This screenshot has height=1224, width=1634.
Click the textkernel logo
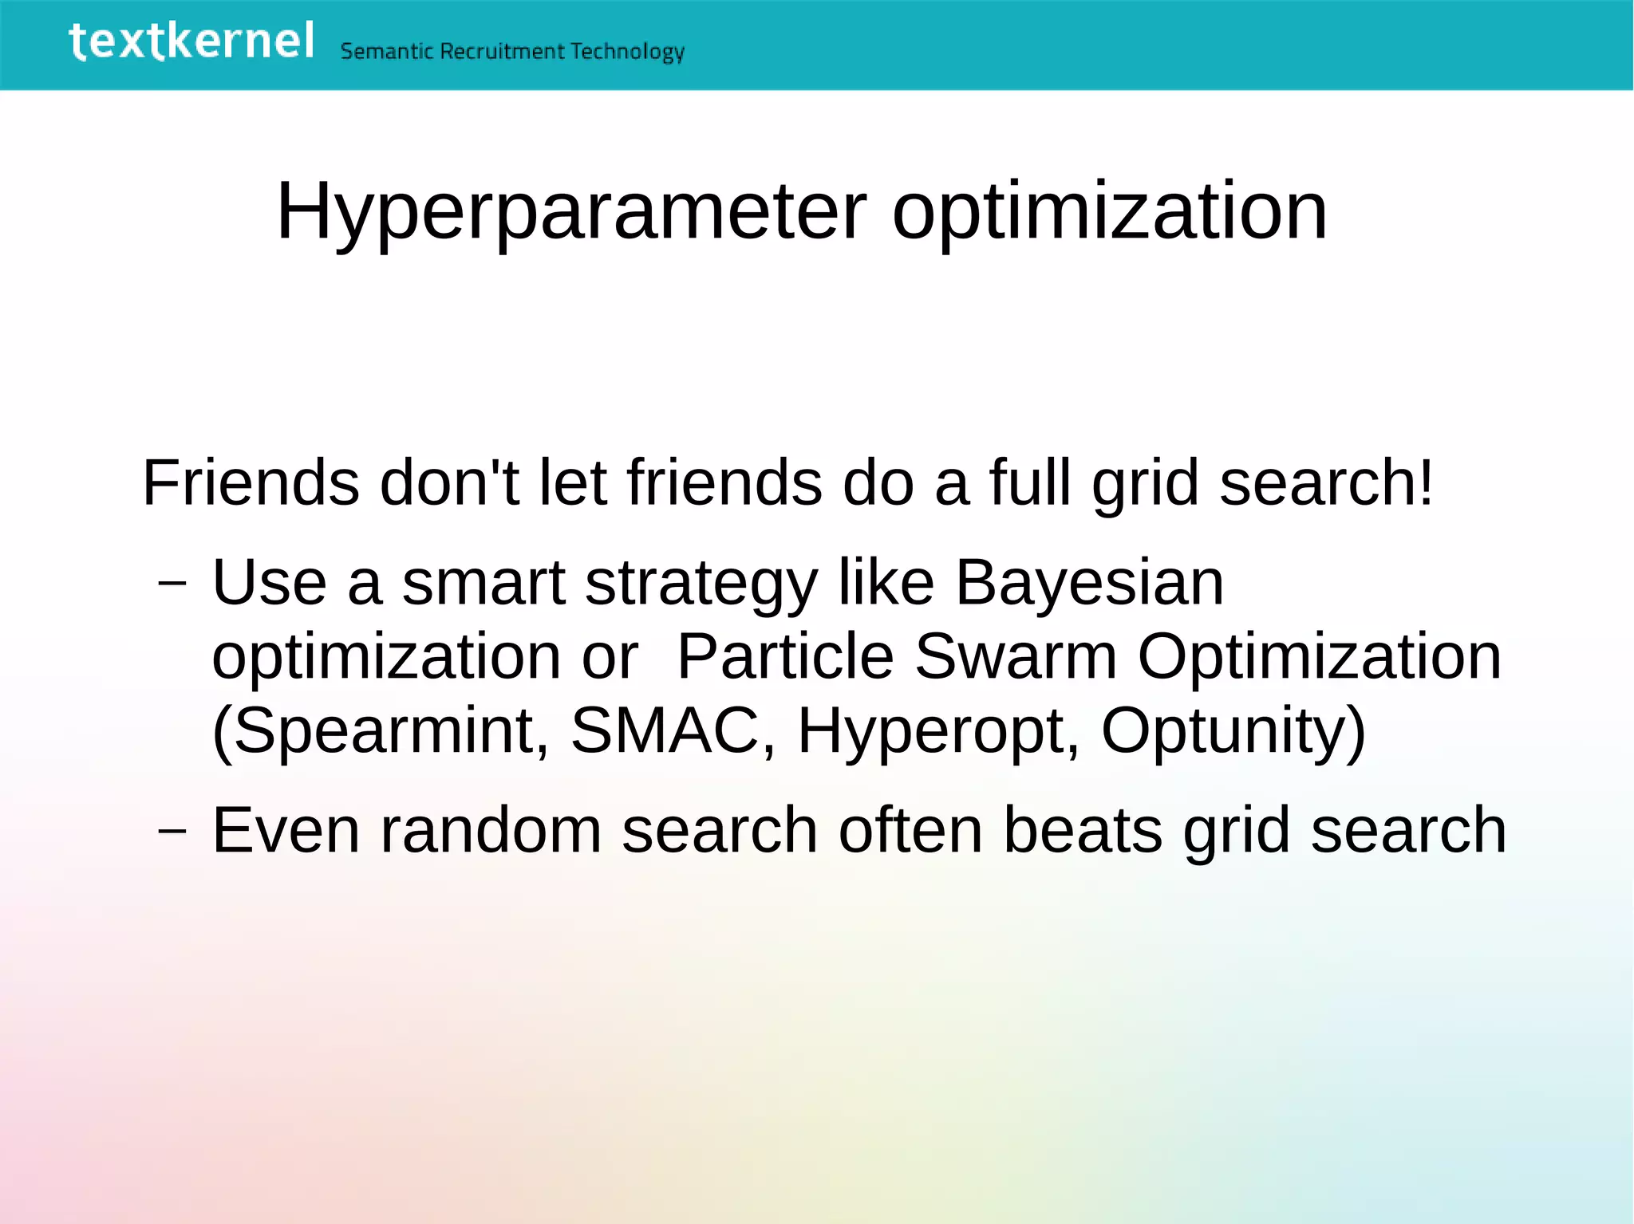pos(191,41)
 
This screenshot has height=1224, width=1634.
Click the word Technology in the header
pos(627,53)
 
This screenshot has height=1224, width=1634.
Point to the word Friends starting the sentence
pos(251,483)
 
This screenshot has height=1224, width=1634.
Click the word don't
pos(449,483)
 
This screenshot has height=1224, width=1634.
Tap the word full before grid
pos(1030,483)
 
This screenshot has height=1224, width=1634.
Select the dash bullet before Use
pos(172,583)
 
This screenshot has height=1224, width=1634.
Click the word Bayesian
pos(1089,583)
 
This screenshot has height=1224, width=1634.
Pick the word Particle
pos(785,657)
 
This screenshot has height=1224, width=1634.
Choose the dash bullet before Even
pos(172,831)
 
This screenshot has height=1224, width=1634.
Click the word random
pos(490,831)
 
